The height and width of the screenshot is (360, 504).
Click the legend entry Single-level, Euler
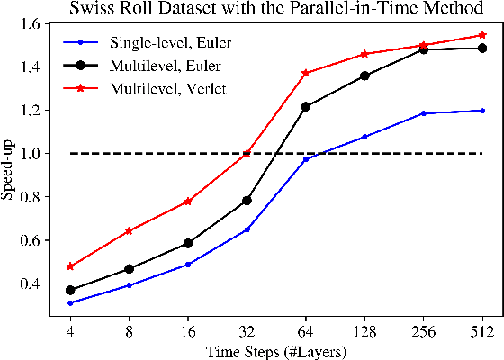click(160, 41)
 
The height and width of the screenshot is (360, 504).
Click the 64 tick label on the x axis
click(306, 330)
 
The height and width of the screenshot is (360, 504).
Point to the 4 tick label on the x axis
click(70, 330)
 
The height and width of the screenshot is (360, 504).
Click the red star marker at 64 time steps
click(306, 73)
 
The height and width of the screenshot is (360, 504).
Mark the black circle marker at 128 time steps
click(364, 76)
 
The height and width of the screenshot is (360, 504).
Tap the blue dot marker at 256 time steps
click(423, 113)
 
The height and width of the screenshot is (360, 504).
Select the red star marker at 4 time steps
click(70, 266)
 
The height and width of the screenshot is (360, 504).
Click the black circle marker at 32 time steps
click(247, 201)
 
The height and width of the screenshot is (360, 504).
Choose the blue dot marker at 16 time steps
click(188, 265)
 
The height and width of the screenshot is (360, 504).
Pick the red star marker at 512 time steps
click(481, 35)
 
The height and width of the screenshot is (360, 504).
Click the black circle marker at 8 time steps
click(129, 269)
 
